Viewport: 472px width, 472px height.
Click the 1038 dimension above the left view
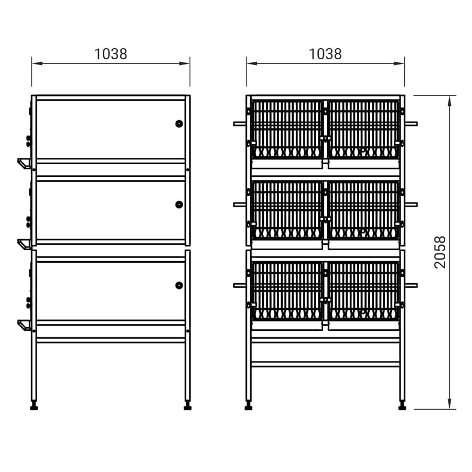[x=111, y=54]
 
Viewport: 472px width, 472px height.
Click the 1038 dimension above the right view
[x=325, y=54]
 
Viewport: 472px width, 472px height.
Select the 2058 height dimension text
[x=440, y=252]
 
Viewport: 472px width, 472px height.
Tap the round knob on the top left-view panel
[x=179, y=124]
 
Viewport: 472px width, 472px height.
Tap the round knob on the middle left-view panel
[x=179, y=205]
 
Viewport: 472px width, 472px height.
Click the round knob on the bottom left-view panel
[x=179, y=285]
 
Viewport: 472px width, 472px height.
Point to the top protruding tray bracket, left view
[x=24, y=164]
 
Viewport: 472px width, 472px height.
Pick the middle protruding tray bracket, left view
[x=24, y=244]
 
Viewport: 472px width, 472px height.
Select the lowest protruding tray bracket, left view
[x=24, y=325]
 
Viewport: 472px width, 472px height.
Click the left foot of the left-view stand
[x=34, y=406]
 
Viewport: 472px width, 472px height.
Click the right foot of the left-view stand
[x=188, y=406]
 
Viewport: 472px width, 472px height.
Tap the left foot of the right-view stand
[x=249, y=406]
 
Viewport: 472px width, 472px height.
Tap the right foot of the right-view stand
[x=402, y=406]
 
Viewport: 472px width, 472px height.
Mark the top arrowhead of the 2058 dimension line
[x=449, y=101]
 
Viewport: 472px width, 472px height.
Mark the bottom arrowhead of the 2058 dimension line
[x=449, y=404]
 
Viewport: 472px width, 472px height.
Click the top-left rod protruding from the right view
[x=240, y=124]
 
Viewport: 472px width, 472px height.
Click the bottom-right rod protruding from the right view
[x=411, y=285]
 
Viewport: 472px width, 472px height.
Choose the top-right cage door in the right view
[x=363, y=130]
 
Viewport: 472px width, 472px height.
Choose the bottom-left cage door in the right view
[x=287, y=291]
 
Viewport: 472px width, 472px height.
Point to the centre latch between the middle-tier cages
[x=325, y=219]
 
